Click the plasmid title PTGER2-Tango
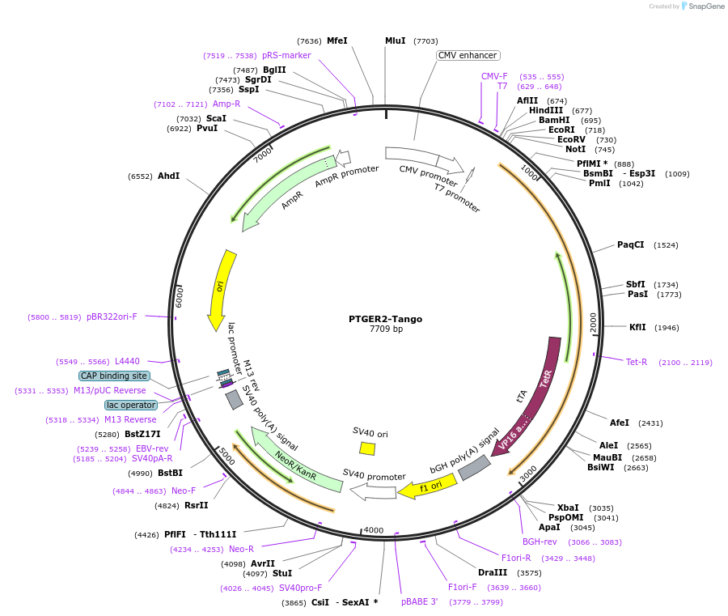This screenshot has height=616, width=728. click(x=385, y=319)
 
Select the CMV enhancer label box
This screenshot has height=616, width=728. click(x=468, y=56)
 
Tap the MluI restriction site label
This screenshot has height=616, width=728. click(x=395, y=40)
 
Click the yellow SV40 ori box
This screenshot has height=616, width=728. click(x=367, y=448)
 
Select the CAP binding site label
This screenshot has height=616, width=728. click(x=114, y=376)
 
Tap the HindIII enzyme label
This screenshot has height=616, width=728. click(x=546, y=111)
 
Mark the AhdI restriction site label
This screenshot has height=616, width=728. click(x=168, y=176)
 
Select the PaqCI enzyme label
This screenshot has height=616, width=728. click(x=631, y=244)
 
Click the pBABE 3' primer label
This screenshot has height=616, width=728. click(x=419, y=601)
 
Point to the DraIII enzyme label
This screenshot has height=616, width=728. click(x=492, y=572)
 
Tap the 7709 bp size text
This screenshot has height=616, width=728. click(x=386, y=329)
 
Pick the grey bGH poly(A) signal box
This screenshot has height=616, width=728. click(x=474, y=467)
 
